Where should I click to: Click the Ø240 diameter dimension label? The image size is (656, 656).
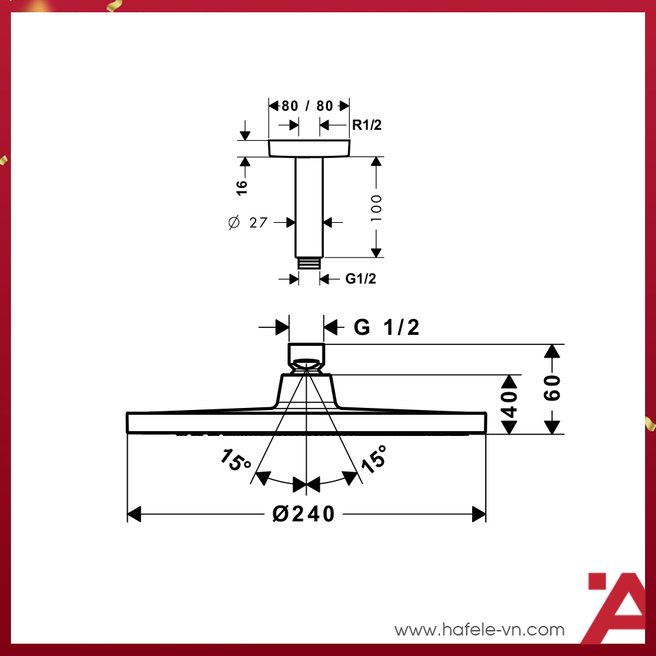pyautogui.click(x=304, y=514)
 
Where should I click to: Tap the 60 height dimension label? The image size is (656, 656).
pyautogui.click(x=553, y=387)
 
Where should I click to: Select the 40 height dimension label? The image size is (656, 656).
pyautogui.click(x=510, y=404)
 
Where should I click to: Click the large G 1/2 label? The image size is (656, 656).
pyautogui.click(x=387, y=328)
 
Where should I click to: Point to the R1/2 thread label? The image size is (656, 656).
pyautogui.click(x=367, y=125)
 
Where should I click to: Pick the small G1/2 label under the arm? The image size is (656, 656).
pyautogui.click(x=360, y=279)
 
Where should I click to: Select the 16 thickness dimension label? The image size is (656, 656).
pyautogui.click(x=242, y=189)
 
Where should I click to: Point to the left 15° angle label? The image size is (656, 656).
pyautogui.click(x=236, y=461)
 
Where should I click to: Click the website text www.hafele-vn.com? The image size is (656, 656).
pyautogui.click(x=480, y=629)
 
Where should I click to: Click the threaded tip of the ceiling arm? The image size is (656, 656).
pyautogui.click(x=309, y=262)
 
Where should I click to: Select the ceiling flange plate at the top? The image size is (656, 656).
pyautogui.click(x=309, y=148)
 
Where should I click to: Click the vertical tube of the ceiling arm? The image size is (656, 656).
pyautogui.click(x=309, y=205)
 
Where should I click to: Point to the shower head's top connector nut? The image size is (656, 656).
pyautogui.click(x=306, y=353)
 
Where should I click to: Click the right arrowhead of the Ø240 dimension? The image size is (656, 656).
pyautogui.click(x=479, y=514)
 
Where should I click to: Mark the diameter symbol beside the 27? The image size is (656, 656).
pyautogui.click(x=234, y=223)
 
